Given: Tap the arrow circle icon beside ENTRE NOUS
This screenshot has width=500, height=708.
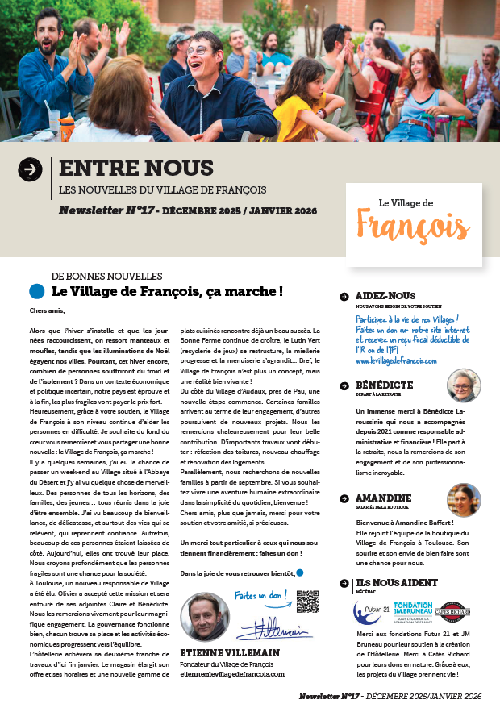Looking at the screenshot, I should (30, 169).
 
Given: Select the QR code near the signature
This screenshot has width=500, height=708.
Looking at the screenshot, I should (307, 602).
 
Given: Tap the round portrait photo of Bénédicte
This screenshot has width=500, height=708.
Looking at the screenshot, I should (463, 385).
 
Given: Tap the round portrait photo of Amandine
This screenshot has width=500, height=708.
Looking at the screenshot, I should (463, 499).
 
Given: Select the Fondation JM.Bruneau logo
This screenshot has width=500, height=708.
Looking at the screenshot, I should (412, 610).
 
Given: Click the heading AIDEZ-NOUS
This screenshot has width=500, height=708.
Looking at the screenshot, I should (385, 297).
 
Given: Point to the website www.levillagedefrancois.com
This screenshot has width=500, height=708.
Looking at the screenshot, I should (396, 360).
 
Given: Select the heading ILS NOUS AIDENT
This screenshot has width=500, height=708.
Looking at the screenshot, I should (396, 582).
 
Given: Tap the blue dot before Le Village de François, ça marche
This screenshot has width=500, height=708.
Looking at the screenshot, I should (36, 291).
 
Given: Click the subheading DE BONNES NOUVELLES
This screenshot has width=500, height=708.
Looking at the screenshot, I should (106, 276).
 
